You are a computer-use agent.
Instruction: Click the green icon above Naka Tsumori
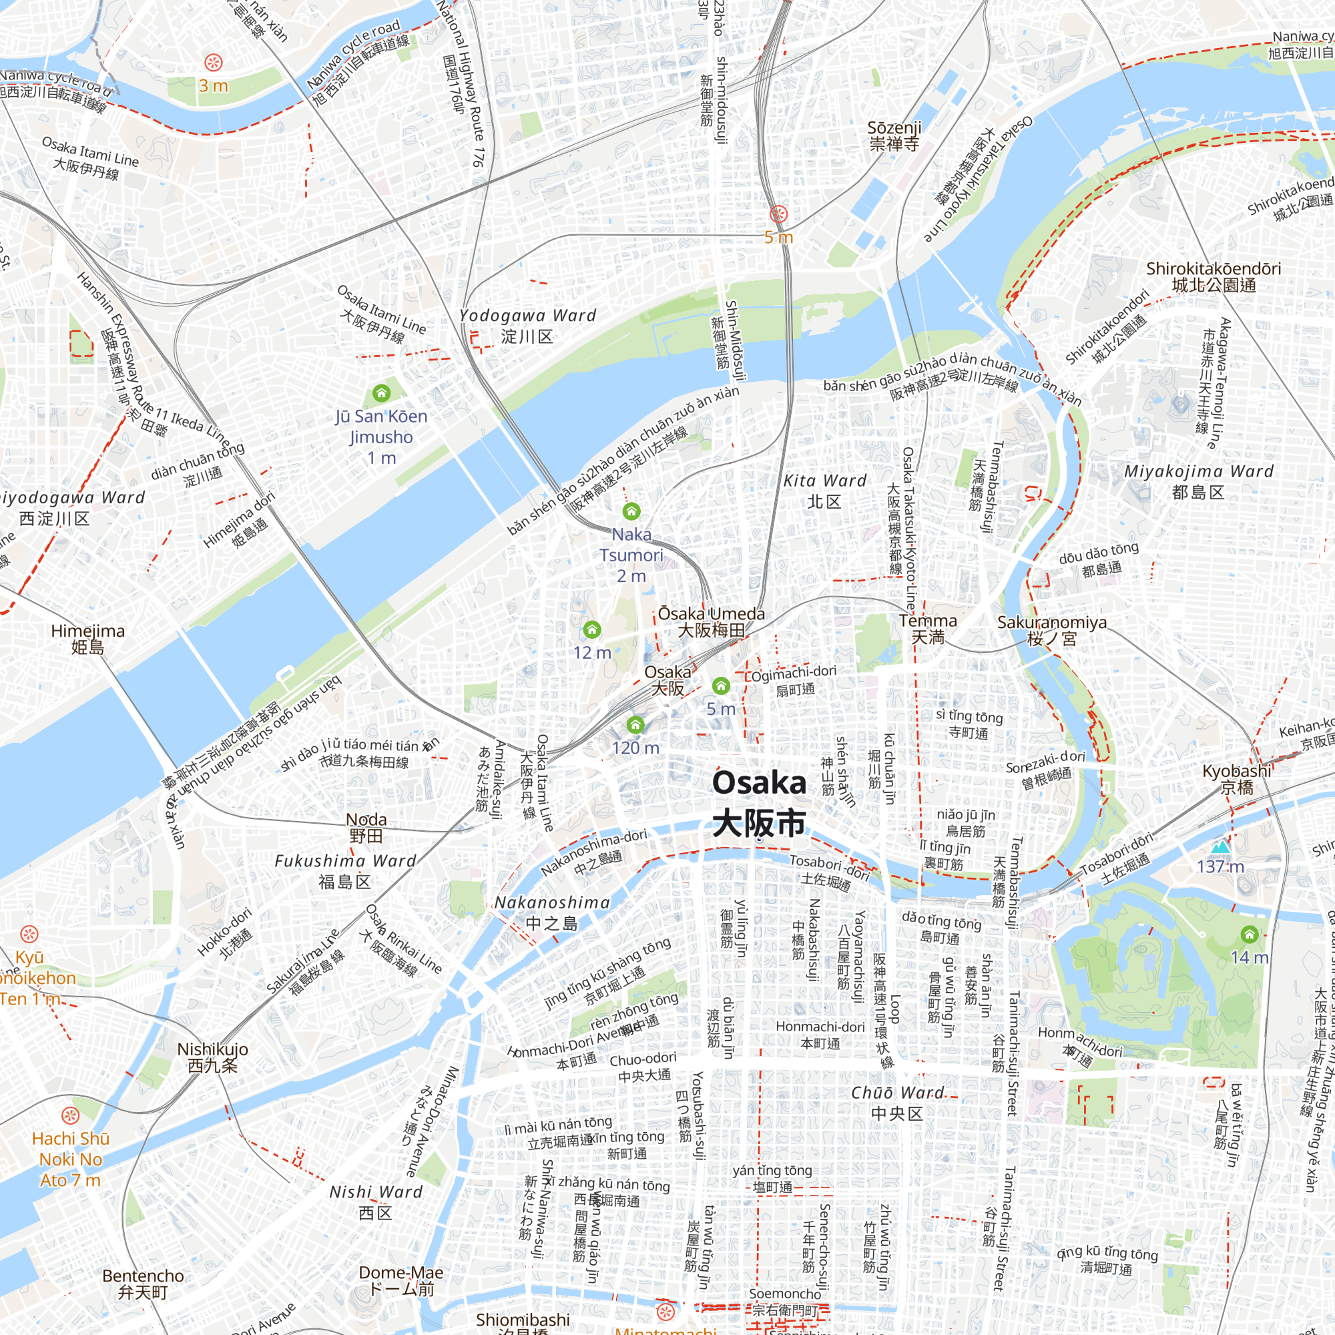pyautogui.click(x=631, y=511)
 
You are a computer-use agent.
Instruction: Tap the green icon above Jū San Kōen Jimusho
pyautogui.click(x=381, y=393)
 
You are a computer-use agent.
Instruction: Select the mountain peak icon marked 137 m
pyautogui.click(x=1220, y=846)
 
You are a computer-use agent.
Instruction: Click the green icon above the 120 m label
pyautogui.click(x=635, y=724)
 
